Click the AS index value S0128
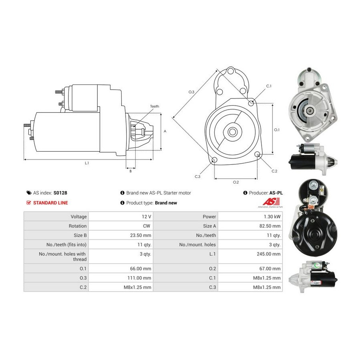(60, 193)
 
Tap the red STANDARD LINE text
(50, 203)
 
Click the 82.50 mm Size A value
(270, 226)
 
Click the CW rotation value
(146, 226)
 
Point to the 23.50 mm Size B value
(140, 235)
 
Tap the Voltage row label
(78, 216)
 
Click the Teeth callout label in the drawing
(154, 106)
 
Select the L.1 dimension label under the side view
(87, 163)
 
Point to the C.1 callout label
(269, 86)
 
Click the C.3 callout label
(198, 176)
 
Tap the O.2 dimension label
(236, 182)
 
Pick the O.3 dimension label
(191, 92)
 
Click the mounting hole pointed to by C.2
(257, 154)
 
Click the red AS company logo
(271, 202)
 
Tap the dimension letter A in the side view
(165, 131)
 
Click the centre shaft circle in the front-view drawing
(232, 132)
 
